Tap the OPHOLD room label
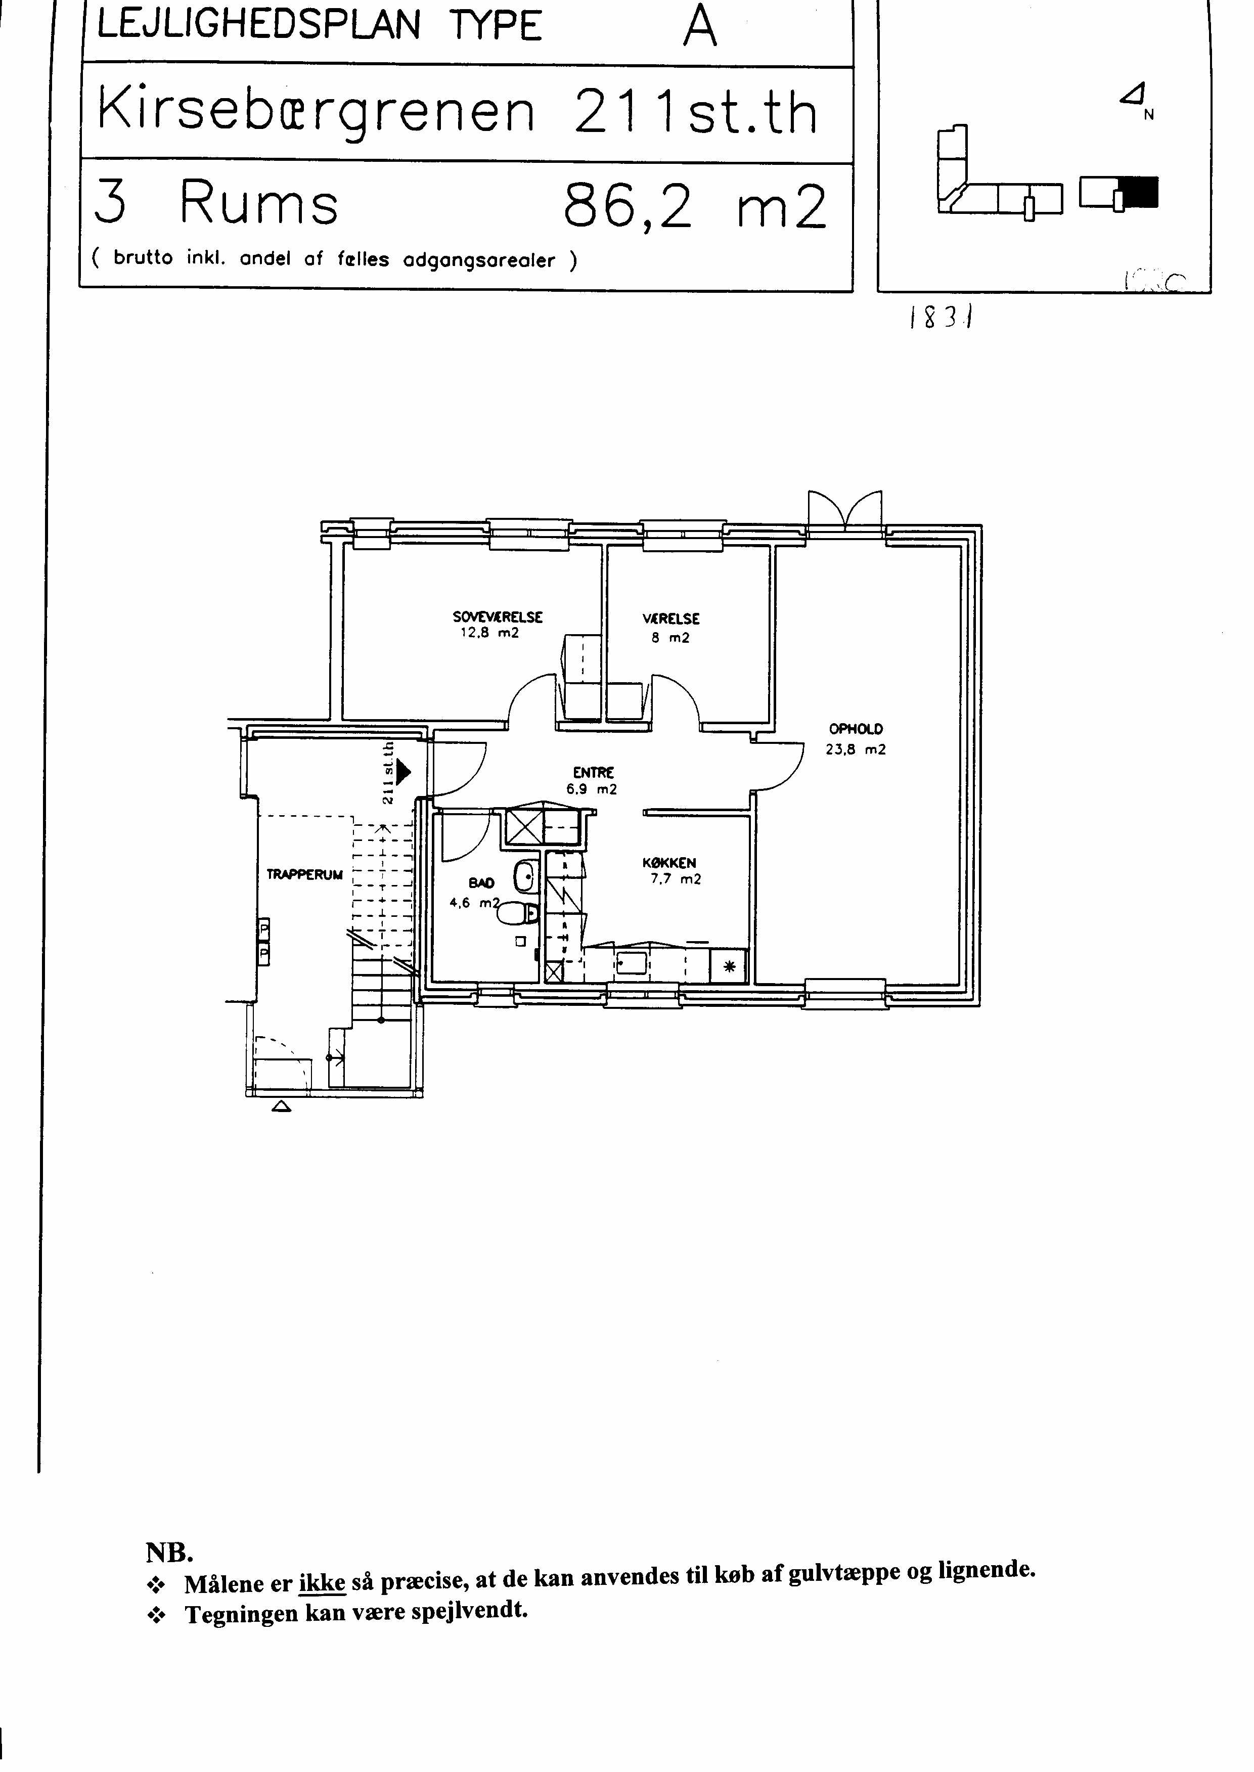tap(856, 728)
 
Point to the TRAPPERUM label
tap(304, 875)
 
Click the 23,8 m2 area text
tap(856, 749)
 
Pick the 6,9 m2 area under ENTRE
tap(592, 789)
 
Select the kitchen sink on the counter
tap(632, 963)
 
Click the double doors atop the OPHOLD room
tap(845, 510)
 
